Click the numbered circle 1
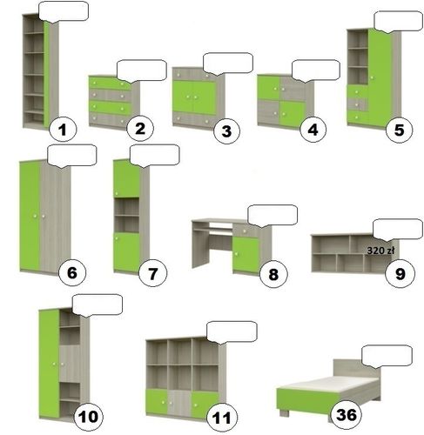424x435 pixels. pyautogui.click(x=63, y=129)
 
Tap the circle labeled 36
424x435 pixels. pyautogui.click(x=346, y=415)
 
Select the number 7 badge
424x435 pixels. pyautogui.click(x=152, y=273)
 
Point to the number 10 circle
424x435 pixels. pyautogui.click(x=89, y=417)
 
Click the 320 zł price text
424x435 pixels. pyautogui.click(x=380, y=251)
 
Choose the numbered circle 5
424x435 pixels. pyautogui.click(x=399, y=130)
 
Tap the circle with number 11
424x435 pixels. pyautogui.click(x=222, y=418)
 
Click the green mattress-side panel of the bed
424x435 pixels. pyautogui.click(x=305, y=401)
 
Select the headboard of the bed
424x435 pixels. pyautogui.click(x=356, y=370)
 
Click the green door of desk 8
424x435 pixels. pyautogui.click(x=246, y=255)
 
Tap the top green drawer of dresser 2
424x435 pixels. pyautogui.click(x=110, y=83)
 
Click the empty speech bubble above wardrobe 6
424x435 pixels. pyautogui.click(x=71, y=156)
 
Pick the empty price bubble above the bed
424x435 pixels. pyautogui.click(x=387, y=356)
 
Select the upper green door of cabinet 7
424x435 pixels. pyautogui.click(x=126, y=178)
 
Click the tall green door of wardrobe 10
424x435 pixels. pyautogui.click(x=50, y=363)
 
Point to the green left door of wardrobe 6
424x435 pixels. pyautogui.click(x=30, y=216)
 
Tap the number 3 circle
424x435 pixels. pyautogui.click(x=226, y=130)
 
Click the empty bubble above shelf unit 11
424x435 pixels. pyautogui.click(x=232, y=331)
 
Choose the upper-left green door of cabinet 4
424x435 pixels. pyautogui.click(x=268, y=88)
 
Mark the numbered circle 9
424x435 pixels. pyautogui.click(x=400, y=273)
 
